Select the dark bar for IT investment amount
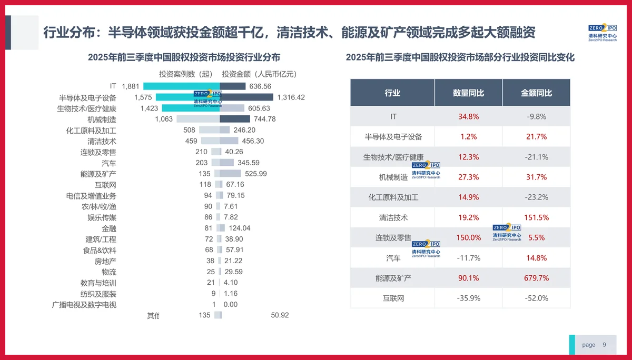click(x=233, y=86)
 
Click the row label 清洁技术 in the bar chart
click(x=102, y=141)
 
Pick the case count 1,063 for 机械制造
click(x=164, y=119)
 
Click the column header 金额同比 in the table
click(x=536, y=93)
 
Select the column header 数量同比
click(x=468, y=93)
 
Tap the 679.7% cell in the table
click(x=536, y=278)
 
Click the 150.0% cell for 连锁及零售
click(x=468, y=237)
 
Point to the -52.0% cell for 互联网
click(x=536, y=298)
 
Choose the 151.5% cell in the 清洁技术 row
click(x=536, y=217)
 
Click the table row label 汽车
click(x=393, y=258)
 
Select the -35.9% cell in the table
click(x=468, y=298)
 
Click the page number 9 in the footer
click(x=604, y=345)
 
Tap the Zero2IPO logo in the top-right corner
click(x=602, y=32)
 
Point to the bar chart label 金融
click(x=109, y=228)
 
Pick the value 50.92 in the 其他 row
click(x=280, y=315)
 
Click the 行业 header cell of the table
click(x=392, y=93)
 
